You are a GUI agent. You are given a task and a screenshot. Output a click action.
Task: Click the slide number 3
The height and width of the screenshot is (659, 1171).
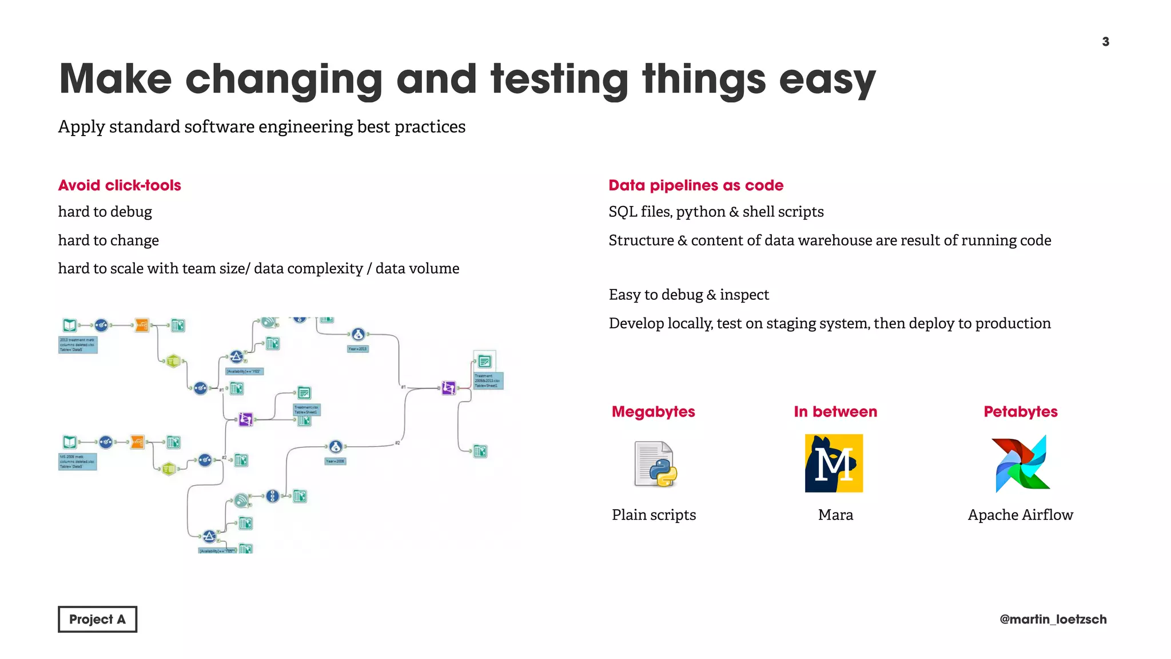1105,42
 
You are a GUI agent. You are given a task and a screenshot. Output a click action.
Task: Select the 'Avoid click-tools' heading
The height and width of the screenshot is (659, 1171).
120,185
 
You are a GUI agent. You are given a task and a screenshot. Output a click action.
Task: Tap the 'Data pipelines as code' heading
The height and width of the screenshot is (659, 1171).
696,185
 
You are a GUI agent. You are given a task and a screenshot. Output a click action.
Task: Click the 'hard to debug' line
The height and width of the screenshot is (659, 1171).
105,212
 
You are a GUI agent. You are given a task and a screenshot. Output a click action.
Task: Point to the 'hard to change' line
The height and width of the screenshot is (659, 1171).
109,240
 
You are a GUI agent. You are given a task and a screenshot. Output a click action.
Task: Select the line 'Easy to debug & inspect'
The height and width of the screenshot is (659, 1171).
689,295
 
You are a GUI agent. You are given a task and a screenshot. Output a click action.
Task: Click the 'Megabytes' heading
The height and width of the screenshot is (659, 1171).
654,412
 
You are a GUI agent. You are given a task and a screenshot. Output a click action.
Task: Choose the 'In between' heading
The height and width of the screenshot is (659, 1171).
835,412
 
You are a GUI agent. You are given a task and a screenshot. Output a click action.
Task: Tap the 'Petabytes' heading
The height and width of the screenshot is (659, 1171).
1021,412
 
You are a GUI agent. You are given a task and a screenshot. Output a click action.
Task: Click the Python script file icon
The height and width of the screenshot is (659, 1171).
655,464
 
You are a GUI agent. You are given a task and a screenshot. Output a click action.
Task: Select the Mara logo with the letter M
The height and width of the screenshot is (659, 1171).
834,463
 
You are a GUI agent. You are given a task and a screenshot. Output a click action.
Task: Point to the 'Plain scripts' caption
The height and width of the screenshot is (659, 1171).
654,515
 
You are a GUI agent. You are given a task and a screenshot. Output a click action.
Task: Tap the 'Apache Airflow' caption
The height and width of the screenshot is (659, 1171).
1021,515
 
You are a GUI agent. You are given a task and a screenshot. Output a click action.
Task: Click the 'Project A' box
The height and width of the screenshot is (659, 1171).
97,620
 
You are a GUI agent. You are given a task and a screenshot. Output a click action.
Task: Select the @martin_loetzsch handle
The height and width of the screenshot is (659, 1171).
1053,620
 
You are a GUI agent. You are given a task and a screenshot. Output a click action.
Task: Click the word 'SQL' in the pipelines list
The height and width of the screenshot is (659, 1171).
623,212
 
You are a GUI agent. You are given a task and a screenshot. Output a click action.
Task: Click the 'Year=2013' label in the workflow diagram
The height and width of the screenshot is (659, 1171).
358,349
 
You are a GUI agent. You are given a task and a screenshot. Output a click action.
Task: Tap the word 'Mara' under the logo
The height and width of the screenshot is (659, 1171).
835,515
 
